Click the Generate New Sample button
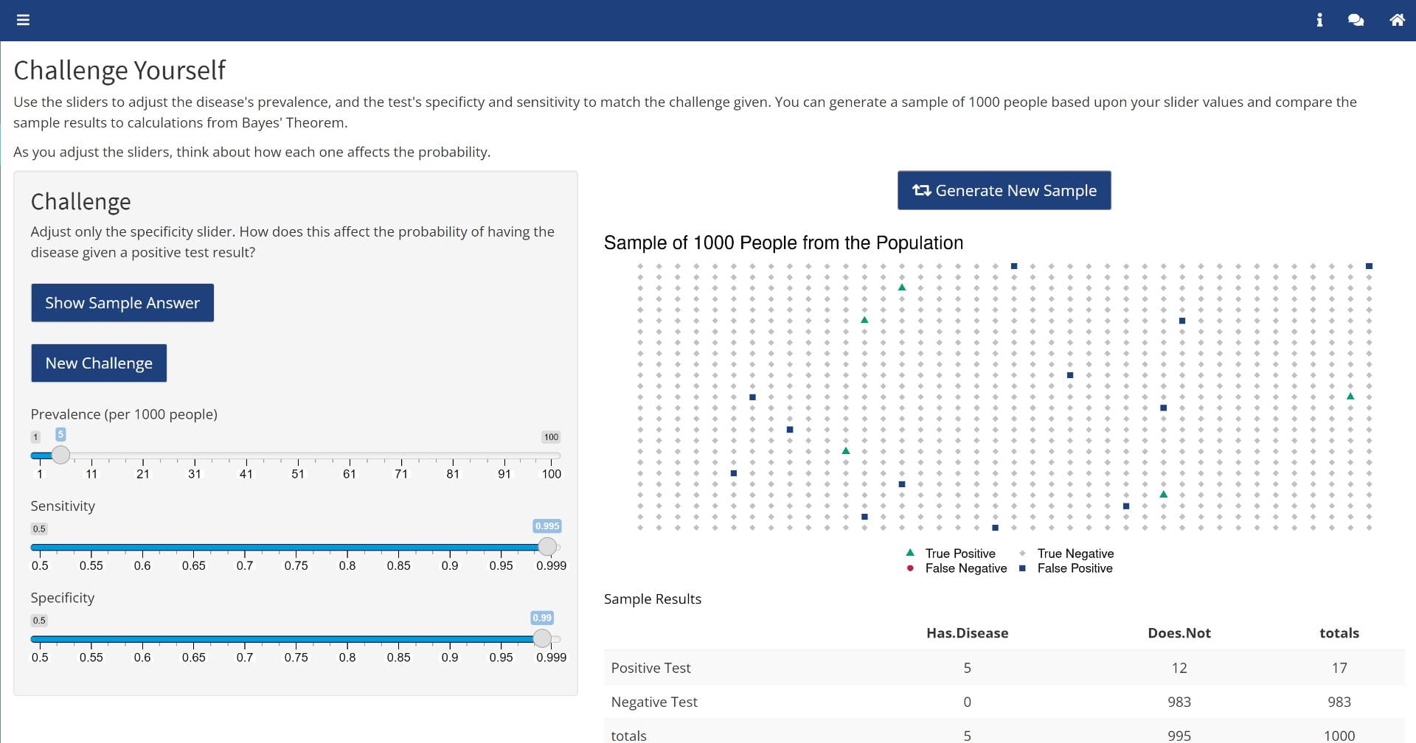click(x=1004, y=191)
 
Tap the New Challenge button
click(x=99, y=363)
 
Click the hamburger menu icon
click(x=23, y=20)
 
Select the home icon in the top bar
click(x=1397, y=20)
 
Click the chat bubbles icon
click(x=1356, y=20)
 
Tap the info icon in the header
click(x=1319, y=20)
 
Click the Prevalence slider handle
click(x=61, y=455)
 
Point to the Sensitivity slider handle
click(x=547, y=546)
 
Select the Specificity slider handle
click(x=542, y=638)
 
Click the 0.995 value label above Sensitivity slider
click(x=547, y=526)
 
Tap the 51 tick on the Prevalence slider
click(x=298, y=474)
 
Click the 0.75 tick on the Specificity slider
click(x=296, y=657)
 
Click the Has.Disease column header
click(x=967, y=633)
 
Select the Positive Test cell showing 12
click(x=1179, y=668)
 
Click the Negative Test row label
click(x=654, y=702)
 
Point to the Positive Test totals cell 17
click(x=1339, y=668)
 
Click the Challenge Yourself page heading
click(x=119, y=71)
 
